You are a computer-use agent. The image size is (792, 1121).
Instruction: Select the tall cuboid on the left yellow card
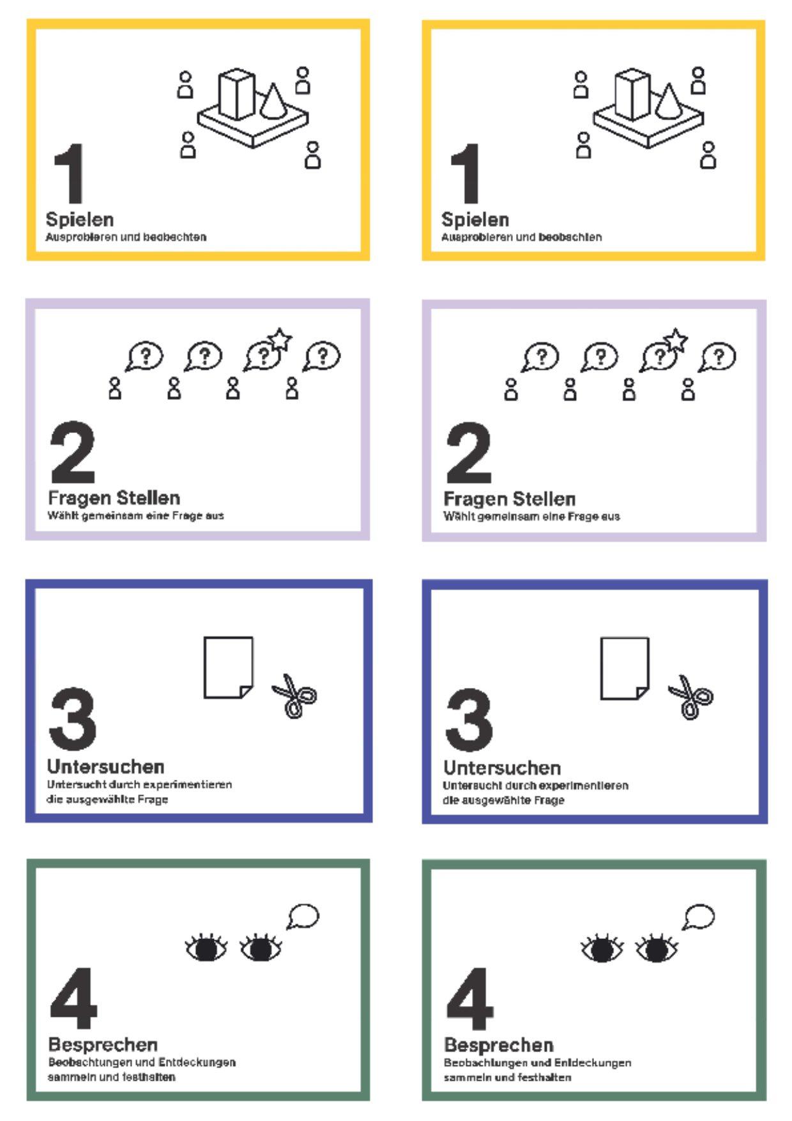(x=237, y=94)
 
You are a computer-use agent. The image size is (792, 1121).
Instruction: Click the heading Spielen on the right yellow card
(x=475, y=220)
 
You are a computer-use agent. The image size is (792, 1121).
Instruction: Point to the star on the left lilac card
(x=280, y=339)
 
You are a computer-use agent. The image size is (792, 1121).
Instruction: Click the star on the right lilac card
(x=676, y=340)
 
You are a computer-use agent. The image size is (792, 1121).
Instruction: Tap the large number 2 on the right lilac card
(x=469, y=453)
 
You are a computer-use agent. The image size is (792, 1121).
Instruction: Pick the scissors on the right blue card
(x=690, y=697)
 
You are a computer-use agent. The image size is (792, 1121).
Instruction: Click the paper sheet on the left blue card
(x=228, y=667)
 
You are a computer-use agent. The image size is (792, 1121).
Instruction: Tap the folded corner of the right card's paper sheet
(x=643, y=693)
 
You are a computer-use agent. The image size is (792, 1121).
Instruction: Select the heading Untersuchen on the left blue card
(x=106, y=766)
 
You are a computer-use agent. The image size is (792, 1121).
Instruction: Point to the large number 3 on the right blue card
(x=469, y=720)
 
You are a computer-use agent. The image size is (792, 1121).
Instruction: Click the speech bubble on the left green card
(x=303, y=917)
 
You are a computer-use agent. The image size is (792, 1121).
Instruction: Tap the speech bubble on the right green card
(x=699, y=917)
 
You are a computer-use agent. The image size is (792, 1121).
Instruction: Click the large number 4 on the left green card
(x=73, y=998)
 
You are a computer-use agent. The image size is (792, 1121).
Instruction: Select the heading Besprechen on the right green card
(x=499, y=1045)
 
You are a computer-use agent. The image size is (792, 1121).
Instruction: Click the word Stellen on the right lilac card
(x=544, y=499)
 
